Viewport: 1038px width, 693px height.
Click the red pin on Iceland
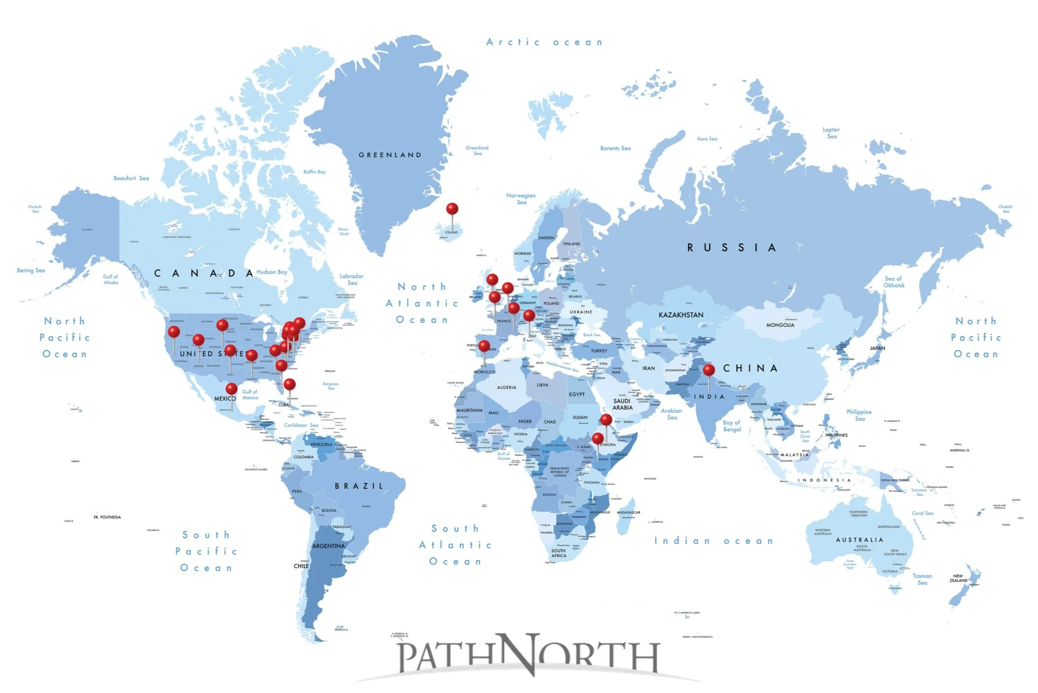click(x=452, y=209)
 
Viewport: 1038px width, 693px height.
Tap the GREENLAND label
click(x=390, y=155)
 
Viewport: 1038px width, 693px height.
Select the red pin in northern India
click(x=709, y=370)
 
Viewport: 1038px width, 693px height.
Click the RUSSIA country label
click(x=732, y=247)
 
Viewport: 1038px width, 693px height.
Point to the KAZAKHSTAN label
click(x=681, y=315)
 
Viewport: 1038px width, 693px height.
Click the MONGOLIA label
click(x=780, y=325)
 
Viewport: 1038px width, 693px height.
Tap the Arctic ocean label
click(x=544, y=42)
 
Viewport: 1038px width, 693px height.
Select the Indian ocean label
click(x=713, y=541)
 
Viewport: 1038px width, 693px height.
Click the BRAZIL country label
click(x=359, y=486)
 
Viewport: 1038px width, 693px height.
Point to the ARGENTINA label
click(x=328, y=546)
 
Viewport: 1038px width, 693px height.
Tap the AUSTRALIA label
click(x=859, y=540)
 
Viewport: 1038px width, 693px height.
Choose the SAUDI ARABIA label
click(x=622, y=404)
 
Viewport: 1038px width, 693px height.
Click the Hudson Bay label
click(x=272, y=272)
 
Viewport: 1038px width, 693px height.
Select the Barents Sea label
click(x=615, y=148)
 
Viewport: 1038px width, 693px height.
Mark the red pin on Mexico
click(x=232, y=389)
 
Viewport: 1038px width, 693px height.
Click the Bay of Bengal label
click(x=732, y=426)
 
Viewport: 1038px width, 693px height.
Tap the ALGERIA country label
click(x=507, y=387)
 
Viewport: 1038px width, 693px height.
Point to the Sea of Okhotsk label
click(x=894, y=282)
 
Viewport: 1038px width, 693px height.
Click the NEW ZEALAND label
click(x=958, y=578)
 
